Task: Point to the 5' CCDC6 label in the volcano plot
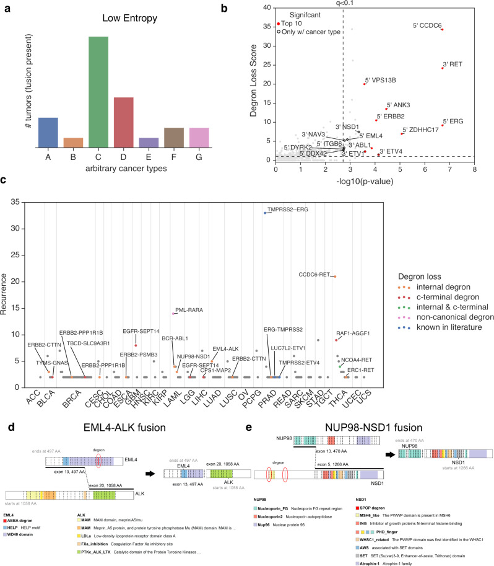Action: (x=427, y=26)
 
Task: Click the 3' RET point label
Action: (x=453, y=64)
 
